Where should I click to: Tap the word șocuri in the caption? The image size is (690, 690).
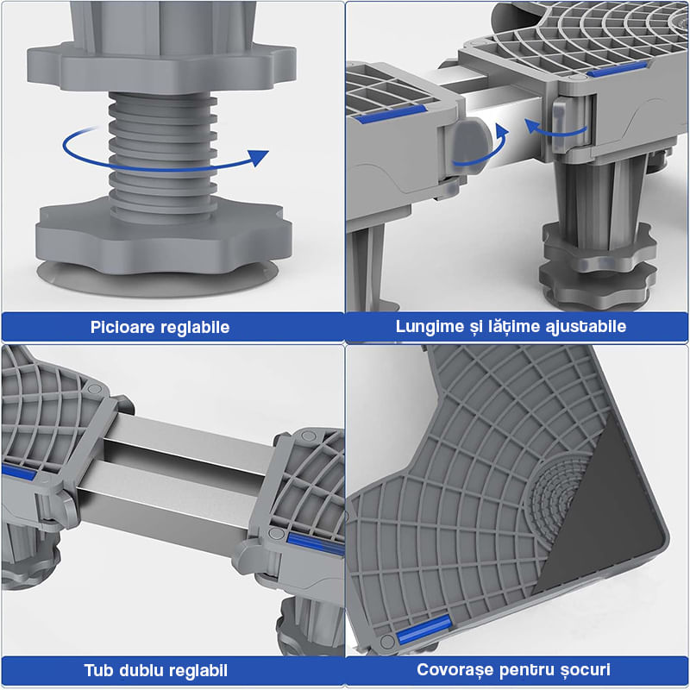coord(586,670)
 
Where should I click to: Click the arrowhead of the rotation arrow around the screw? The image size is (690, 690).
coord(258,158)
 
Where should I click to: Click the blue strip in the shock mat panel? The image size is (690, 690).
coord(424,630)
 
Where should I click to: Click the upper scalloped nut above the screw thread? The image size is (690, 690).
coord(162,66)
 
